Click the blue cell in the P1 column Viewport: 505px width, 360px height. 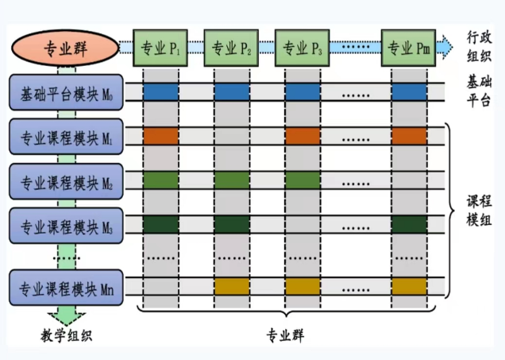click(161, 91)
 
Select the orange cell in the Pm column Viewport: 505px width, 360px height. click(409, 136)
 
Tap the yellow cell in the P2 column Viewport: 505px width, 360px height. click(231, 285)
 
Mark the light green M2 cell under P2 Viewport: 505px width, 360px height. click(231, 180)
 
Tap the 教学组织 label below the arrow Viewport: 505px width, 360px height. click(67, 335)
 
